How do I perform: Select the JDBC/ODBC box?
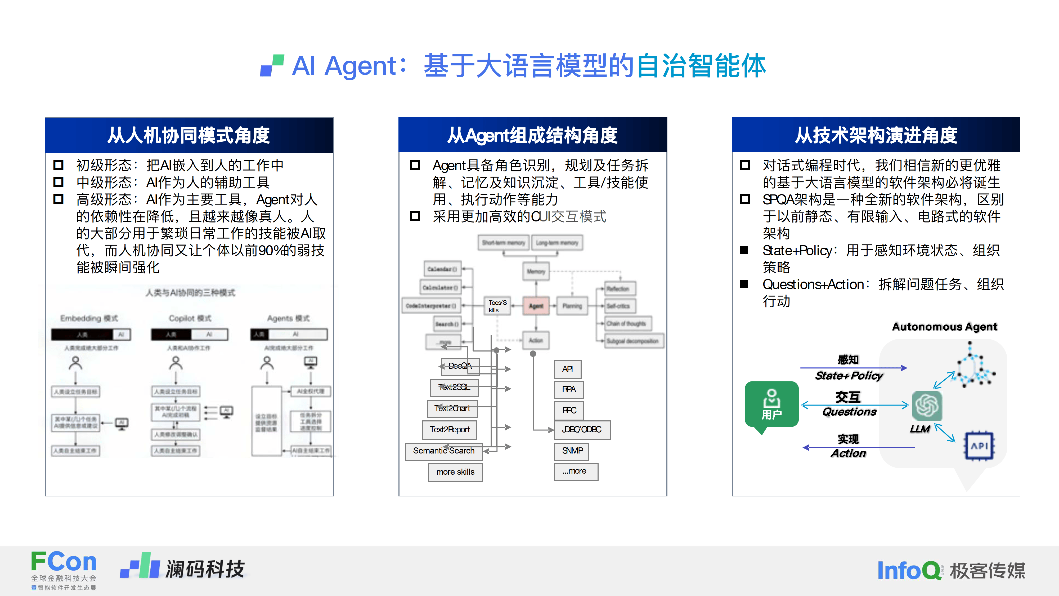pyautogui.click(x=582, y=429)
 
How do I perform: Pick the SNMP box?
pyautogui.click(x=572, y=451)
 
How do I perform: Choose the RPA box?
pyautogui.click(x=569, y=389)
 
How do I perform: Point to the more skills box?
pyautogui.click(x=455, y=472)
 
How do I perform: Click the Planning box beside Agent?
pyautogui.click(x=572, y=306)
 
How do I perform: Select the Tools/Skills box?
pyautogui.click(x=497, y=306)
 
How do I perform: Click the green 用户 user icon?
pyautogui.click(x=771, y=404)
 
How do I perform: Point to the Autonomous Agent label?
pyautogui.click(x=944, y=327)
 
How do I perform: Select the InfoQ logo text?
pyautogui.click(x=909, y=571)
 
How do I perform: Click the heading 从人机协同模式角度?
pyautogui.click(x=189, y=135)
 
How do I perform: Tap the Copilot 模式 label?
pyautogui.click(x=190, y=318)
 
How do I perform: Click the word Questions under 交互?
pyautogui.click(x=849, y=412)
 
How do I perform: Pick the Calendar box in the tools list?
pyautogui.click(x=442, y=269)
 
